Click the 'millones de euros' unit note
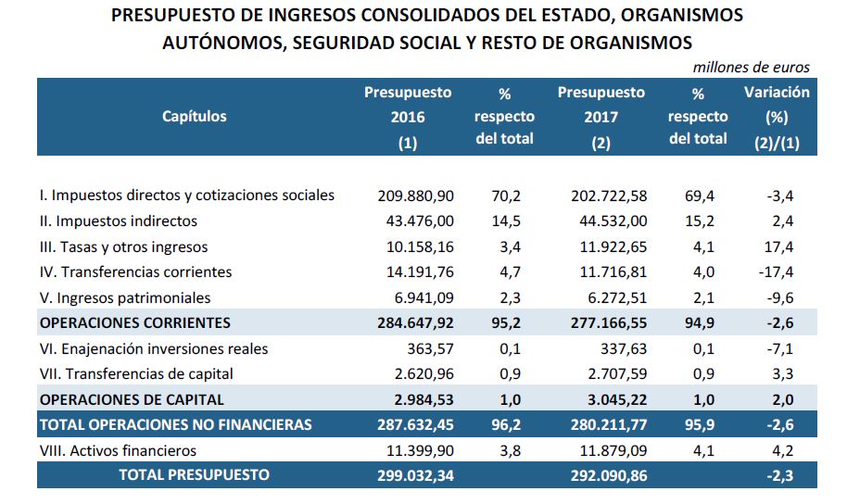tap(751, 67)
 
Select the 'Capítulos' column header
tap(194, 116)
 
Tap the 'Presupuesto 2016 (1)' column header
tap(408, 116)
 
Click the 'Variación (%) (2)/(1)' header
tap(776, 116)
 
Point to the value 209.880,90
tap(416, 195)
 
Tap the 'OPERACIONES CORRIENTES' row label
tap(134, 323)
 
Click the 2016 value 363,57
tap(428, 349)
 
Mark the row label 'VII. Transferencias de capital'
tap(136, 374)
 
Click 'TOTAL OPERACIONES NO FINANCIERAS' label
tap(175, 425)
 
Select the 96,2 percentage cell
tap(504, 425)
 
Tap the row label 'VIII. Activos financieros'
tap(119, 451)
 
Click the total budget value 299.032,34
tap(416, 475)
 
